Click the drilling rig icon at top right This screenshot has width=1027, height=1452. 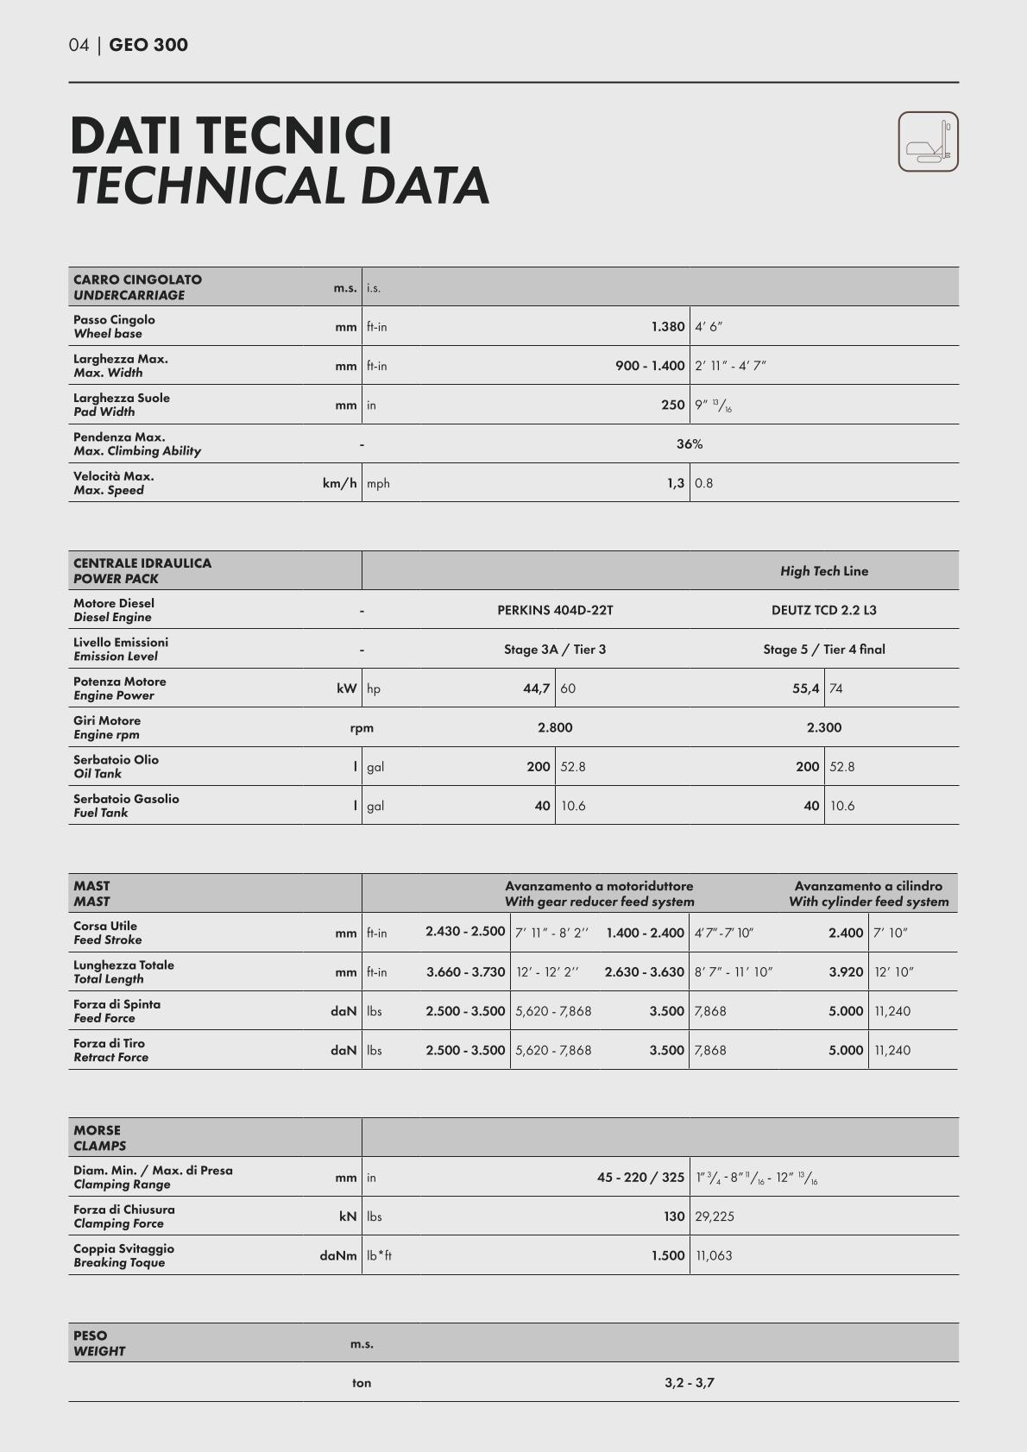tap(928, 141)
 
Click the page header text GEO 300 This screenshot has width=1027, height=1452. tap(148, 45)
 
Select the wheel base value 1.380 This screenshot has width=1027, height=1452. tap(667, 327)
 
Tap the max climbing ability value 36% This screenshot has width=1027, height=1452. tap(689, 444)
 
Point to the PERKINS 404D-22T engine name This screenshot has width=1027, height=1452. tap(555, 610)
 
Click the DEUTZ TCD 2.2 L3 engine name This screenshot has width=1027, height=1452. tap(823, 610)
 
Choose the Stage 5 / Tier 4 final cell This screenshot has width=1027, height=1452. tap(823, 650)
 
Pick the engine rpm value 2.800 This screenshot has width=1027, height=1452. tap(555, 727)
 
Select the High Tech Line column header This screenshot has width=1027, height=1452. tap(823, 571)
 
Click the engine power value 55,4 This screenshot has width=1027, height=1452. tap(805, 688)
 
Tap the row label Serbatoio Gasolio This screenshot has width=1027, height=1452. tap(126, 799)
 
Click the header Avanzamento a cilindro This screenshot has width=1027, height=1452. tap(868, 886)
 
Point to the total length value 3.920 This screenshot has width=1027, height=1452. tap(846, 972)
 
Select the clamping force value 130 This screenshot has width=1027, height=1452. tap(673, 1216)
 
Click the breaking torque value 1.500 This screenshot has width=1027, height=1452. tap(668, 1256)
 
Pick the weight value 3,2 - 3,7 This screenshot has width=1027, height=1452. tap(689, 1383)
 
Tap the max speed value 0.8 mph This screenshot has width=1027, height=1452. tap(704, 484)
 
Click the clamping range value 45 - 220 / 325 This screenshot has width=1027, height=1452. tap(640, 1178)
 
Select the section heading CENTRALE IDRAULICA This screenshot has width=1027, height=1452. tap(142, 563)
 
